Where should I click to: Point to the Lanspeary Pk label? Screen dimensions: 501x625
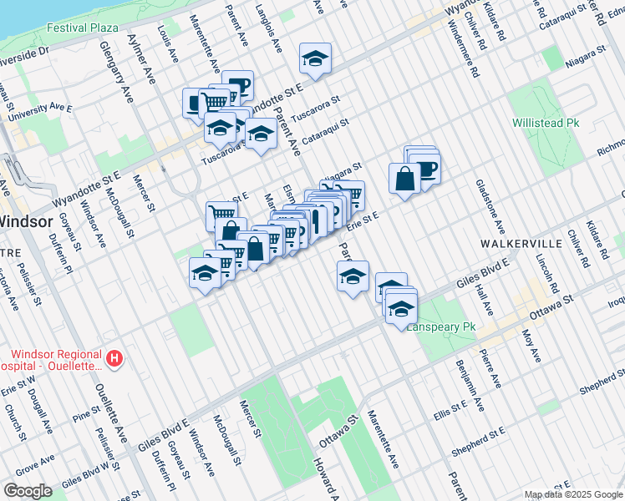click(440, 327)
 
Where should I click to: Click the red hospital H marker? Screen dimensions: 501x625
click(114, 359)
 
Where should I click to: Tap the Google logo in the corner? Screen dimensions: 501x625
click(28, 491)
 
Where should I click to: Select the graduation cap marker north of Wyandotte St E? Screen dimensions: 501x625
click(315, 58)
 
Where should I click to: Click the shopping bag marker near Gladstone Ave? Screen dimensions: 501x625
click(404, 178)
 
